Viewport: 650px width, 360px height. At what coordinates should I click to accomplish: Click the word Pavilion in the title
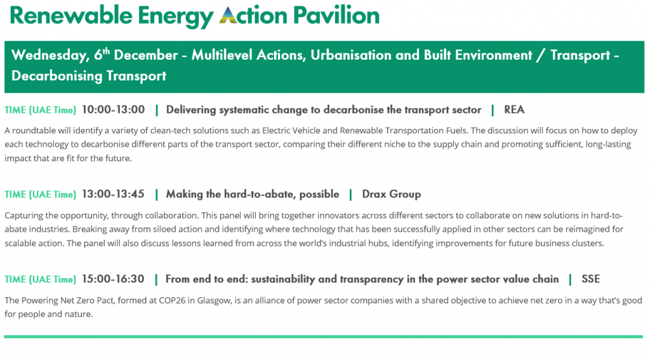pos(336,15)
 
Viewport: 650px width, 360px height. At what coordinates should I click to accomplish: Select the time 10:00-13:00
pos(113,109)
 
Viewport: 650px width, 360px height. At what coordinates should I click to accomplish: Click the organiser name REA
pos(514,109)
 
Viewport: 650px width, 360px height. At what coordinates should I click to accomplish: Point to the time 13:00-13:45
pos(113,194)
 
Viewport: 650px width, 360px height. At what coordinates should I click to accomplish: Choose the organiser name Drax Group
pos(391,194)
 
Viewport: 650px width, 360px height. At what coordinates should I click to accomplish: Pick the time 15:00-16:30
pos(113,279)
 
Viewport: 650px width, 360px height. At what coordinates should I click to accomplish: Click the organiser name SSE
pos(591,279)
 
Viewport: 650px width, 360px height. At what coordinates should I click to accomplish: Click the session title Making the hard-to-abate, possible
pos(253,194)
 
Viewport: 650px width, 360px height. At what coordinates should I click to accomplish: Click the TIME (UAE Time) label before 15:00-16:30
pos(40,279)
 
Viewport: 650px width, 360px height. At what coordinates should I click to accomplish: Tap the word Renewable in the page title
pos(70,15)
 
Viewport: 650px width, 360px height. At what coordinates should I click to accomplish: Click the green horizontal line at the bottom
pos(323,337)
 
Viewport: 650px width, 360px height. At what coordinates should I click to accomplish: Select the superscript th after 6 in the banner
pos(107,51)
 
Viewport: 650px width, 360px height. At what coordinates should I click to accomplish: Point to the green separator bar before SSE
pos(570,279)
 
